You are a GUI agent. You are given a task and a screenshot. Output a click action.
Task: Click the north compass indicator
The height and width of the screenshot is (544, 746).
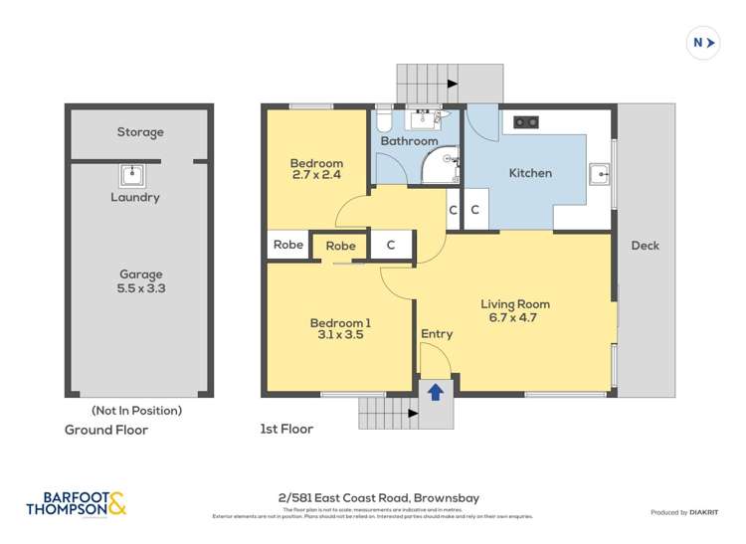click(703, 43)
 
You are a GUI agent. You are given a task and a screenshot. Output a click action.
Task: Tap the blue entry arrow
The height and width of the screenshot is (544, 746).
click(435, 392)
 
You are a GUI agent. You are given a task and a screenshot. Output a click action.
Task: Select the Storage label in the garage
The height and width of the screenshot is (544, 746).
click(140, 132)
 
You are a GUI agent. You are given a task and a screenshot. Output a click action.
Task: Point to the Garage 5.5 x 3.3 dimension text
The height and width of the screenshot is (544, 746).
click(140, 281)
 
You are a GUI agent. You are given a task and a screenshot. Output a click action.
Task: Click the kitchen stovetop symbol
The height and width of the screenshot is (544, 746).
click(525, 122)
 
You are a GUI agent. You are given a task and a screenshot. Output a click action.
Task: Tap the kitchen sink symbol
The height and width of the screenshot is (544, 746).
click(601, 174)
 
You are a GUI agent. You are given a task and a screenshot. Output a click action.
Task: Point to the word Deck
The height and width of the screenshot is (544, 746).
click(645, 246)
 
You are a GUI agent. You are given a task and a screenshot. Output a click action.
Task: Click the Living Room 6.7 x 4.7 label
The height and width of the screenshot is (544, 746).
click(514, 311)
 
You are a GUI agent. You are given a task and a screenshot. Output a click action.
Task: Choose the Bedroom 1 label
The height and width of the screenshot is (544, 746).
click(340, 329)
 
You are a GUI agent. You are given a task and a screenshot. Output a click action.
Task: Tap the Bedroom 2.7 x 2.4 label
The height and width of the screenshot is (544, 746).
click(316, 170)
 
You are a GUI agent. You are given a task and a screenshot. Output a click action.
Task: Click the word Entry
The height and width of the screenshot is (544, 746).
click(436, 334)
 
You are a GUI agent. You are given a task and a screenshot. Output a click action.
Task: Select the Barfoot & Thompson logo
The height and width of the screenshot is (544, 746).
click(77, 504)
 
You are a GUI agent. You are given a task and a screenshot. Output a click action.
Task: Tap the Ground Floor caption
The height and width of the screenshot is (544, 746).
click(106, 430)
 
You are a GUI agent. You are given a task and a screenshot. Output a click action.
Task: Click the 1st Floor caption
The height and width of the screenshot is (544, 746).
click(285, 430)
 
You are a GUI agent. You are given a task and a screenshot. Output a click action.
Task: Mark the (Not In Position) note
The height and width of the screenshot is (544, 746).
click(136, 410)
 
